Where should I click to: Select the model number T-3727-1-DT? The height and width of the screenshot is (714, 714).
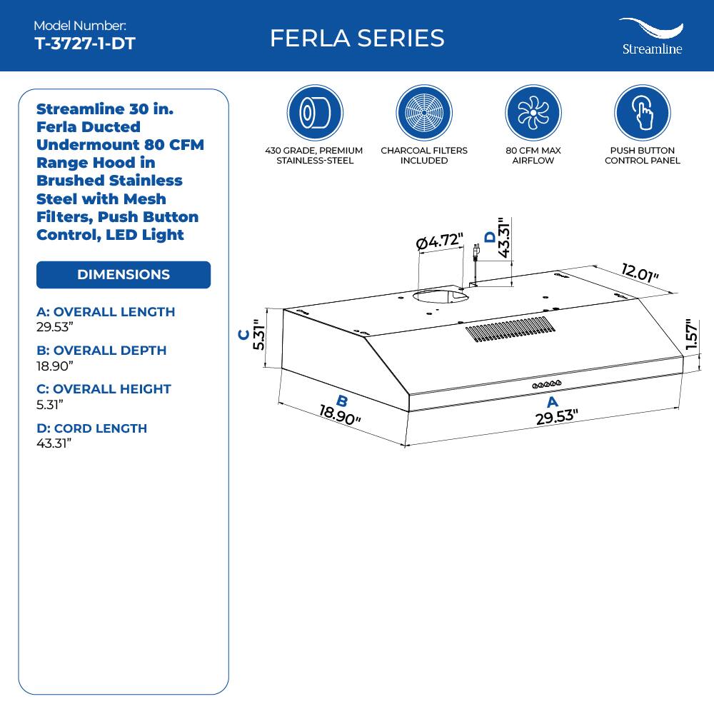tap(84, 44)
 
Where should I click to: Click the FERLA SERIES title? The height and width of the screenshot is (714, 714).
tap(357, 38)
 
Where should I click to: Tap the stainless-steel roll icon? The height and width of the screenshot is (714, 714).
tap(314, 113)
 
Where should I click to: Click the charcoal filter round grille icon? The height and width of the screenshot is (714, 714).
tap(423, 113)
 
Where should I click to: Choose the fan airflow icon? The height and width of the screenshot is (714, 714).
tap(533, 113)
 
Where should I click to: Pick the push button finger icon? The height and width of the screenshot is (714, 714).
tap(642, 113)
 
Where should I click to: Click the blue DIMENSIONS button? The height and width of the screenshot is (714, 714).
tap(124, 275)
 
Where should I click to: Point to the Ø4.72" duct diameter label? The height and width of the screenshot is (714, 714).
tap(440, 243)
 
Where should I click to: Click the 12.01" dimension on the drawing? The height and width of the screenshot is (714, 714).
tap(640, 273)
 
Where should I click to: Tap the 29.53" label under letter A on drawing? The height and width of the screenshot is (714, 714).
tap(556, 417)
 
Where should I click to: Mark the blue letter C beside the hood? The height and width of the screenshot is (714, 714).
tap(244, 334)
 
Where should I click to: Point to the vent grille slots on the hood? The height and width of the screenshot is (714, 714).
tap(511, 329)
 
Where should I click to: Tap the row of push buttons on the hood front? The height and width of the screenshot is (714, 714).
tap(546, 385)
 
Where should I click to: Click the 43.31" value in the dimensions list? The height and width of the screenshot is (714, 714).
tap(54, 443)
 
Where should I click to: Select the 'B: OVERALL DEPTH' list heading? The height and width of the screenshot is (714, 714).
tap(101, 351)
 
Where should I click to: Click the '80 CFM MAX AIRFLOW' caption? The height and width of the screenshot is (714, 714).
tap(533, 156)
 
